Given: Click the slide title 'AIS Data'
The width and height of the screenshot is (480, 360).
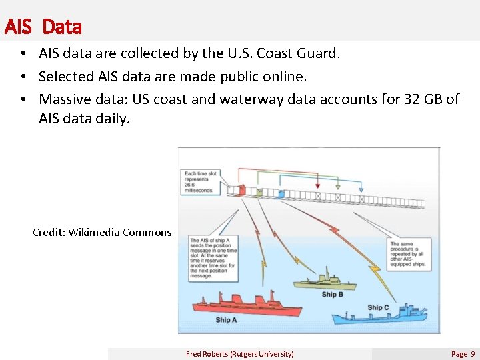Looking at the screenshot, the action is pyautogui.click(x=43, y=27).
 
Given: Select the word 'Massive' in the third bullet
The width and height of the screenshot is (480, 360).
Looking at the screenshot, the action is pyautogui.click(x=69, y=99).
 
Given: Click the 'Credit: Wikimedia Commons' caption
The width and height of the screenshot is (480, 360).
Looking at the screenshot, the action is pyautogui.click(x=102, y=233).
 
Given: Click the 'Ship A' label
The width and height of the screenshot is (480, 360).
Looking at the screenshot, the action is pyautogui.click(x=226, y=320).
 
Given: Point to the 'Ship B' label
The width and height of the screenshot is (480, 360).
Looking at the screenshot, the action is pyautogui.click(x=332, y=294).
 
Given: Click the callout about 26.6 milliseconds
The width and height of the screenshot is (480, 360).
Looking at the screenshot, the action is pyautogui.click(x=199, y=181).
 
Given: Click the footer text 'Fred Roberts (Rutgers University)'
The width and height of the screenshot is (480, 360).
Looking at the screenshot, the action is pyautogui.click(x=239, y=354).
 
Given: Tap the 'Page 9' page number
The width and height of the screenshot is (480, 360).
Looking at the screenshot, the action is pyautogui.click(x=463, y=354).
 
